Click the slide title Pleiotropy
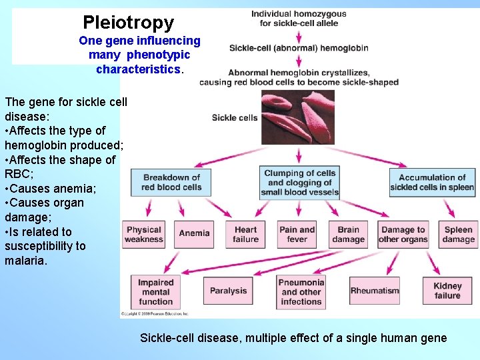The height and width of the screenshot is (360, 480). pyautogui.click(x=128, y=23)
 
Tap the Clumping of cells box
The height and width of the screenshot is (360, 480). pyautogui.click(x=299, y=182)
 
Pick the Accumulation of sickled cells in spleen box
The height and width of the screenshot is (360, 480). pyautogui.click(x=432, y=182)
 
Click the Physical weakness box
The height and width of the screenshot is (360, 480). pyautogui.click(x=144, y=234)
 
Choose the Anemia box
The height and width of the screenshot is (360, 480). pyautogui.click(x=194, y=233)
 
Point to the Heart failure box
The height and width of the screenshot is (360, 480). pyautogui.click(x=245, y=234)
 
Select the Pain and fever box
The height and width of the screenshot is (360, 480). pyautogui.click(x=297, y=234)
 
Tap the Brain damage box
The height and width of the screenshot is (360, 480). pyautogui.click(x=348, y=234)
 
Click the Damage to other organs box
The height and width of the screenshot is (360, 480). pyautogui.click(x=403, y=234)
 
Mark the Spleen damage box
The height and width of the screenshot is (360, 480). pyautogui.click(x=458, y=234)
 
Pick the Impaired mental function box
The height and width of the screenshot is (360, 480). pyautogui.click(x=155, y=291)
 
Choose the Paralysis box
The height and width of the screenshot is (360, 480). pyautogui.click(x=228, y=291)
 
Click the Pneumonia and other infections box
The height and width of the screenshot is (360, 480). pyautogui.click(x=301, y=291)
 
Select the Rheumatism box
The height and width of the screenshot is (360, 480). pyautogui.click(x=375, y=291)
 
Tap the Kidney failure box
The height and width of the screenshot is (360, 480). pyautogui.click(x=447, y=291)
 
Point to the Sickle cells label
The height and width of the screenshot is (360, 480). pyautogui.click(x=234, y=118)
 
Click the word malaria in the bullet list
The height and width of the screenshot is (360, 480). pyautogui.click(x=26, y=261)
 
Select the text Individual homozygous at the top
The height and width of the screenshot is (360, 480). pyautogui.click(x=299, y=14)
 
